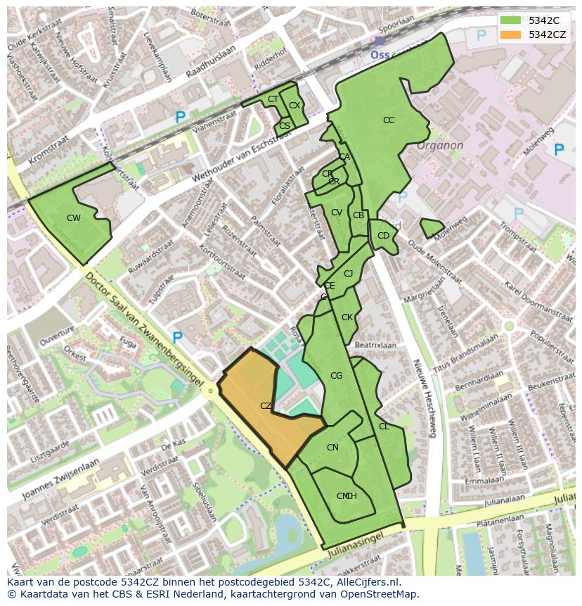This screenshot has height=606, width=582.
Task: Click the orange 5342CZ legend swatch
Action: pos(511,34)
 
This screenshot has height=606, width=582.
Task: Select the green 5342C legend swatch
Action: pos(511,20)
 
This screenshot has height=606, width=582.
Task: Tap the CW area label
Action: pos(74,218)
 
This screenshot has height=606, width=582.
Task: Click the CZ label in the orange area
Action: pos(266,406)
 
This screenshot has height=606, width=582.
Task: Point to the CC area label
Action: pos(389,120)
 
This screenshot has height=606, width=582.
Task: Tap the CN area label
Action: pos(332,448)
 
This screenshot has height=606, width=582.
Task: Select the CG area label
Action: pos(336,376)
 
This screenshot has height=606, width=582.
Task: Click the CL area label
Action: pos(384,427)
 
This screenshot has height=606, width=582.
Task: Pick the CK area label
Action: pos(347,317)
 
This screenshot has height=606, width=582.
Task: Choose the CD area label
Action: pos(383,236)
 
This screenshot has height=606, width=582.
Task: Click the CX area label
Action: pos(295,106)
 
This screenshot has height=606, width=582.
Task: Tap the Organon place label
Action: pos(440,146)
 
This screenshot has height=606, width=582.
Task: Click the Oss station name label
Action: pos(380,55)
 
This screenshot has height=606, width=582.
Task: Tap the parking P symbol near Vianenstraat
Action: pos(181,118)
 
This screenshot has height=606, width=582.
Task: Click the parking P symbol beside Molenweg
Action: pos(559,149)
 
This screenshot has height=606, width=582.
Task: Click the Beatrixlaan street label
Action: pos(375,346)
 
